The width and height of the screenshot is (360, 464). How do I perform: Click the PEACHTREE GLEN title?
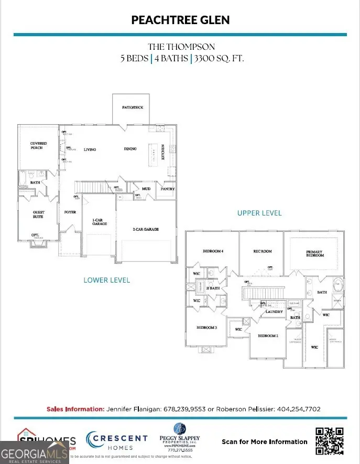click(x=180, y=20)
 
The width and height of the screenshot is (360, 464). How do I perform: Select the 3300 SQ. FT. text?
click(x=219, y=58)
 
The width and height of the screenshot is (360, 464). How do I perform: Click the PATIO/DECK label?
click(x=133, y=107)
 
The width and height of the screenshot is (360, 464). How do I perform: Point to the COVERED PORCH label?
click(x=38, y=145)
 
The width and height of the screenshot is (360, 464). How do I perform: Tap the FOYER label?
click(x=70, y=212)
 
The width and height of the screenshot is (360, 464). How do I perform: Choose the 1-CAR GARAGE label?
click(x=100, y=221)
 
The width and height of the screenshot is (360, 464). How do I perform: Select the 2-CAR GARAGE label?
click(x=145, y=229)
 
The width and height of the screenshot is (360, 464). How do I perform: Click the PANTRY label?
click(x=168, y=189)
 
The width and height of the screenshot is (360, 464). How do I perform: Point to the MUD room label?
click(x=146, y=189)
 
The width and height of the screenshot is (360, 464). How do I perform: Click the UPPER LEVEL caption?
click(x=259, y=213)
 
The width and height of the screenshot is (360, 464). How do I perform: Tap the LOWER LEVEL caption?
click(x=107, y=280)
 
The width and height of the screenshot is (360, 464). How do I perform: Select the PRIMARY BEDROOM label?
click(x=314, y=254)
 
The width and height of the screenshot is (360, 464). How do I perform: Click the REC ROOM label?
click(x=263, y=252)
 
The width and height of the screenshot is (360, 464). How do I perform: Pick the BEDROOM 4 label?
click(x=213, y=252)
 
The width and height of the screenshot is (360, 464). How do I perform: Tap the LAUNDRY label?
click(x=274, y=312)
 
